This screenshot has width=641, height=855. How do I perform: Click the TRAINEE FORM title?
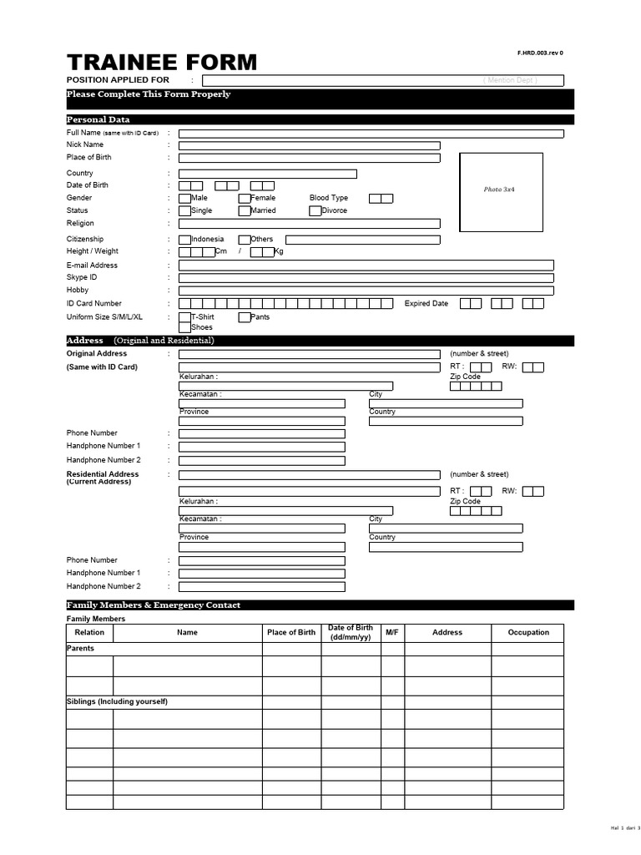pyautogui.click(x=162, y=63)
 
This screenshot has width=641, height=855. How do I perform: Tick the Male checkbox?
pyautogui.click(x=184, y=199)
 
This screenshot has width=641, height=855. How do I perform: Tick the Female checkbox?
pyautogui.click(x=245, y=199)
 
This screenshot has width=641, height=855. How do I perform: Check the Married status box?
pyautogui.click(x=245, y=211)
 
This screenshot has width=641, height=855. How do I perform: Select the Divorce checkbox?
pyautogui.click(x=315, y=211)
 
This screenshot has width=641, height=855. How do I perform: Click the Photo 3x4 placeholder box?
pyautogui.click(x=501, y=191)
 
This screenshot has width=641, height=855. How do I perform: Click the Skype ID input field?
pyautogui.click(x=366, y=278)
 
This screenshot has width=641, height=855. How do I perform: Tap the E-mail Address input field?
pyautogui.click(x=366, y=266)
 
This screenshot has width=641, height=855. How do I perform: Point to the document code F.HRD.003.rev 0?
pyautogui.click(x=540, y=53)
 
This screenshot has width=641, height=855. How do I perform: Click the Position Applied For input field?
pyautogui.click(x=382, y=80)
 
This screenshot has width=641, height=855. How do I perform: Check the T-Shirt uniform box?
pyautogui.click(x=184, y=317)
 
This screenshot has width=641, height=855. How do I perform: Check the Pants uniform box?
pyautogui.click(x=245, y=317)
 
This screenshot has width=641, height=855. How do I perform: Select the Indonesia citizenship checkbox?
pyautogui.click(x=184, y=240)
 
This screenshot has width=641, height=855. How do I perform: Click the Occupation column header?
pyautogui.click(x=528, y=633)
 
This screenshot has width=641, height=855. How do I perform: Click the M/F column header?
pyautogui.click(x=392, y=633)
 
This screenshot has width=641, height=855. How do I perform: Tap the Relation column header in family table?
pyautogui.click(x=89, y=633)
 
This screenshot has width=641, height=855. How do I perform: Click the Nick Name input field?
pyautogui.click(x=309, y=145)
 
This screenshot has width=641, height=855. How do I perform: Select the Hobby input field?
pyautogui.click(x=366, y=291)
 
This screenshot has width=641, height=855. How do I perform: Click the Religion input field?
pyautogui.click(x=309, y=224)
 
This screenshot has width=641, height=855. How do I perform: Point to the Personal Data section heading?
pyautogui.click(x=98, y=119)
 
